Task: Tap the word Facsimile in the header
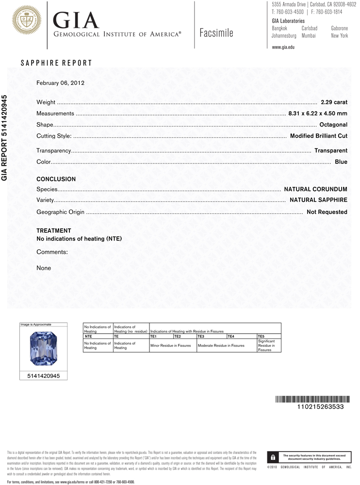[x=216, y=33]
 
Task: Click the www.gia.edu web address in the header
[x=283, y=47]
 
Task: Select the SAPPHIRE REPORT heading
[x=56, y=63]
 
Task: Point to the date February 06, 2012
[x=61, y=83]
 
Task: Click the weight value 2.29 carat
[x=334, y=102]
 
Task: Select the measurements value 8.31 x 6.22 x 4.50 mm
[x=318, y=113]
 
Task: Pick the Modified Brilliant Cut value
[x=318, y=136]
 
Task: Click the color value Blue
[x=341, y=162]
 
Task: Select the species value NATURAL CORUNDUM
[x=315, y=189]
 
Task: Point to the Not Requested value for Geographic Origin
[x=327, y=212]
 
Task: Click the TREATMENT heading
[x=54, y=230]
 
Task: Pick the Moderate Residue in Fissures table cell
[x=220, y=346]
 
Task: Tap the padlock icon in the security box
[x=273, y=457]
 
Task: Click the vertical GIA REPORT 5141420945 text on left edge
[x=5, y=138]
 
